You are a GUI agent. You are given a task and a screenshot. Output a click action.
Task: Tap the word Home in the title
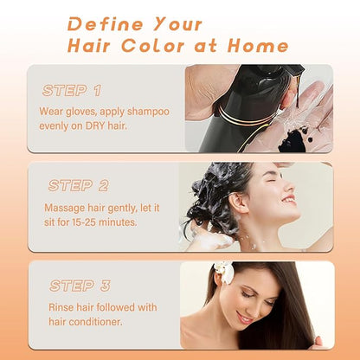258,46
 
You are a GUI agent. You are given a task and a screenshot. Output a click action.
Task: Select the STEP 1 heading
72,91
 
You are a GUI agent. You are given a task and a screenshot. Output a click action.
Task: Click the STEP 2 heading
79,185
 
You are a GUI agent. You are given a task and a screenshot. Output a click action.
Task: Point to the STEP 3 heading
80,286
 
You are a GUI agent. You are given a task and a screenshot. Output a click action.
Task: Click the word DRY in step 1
95,126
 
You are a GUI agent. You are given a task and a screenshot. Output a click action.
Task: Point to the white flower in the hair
225,271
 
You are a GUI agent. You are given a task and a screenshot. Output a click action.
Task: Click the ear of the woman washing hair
238,202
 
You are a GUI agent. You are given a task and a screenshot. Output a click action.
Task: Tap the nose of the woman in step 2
291,189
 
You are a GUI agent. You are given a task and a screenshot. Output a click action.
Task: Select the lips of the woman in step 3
244,318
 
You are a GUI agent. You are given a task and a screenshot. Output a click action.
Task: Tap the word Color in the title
153,46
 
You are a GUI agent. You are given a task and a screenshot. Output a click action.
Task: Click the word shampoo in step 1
148,112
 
